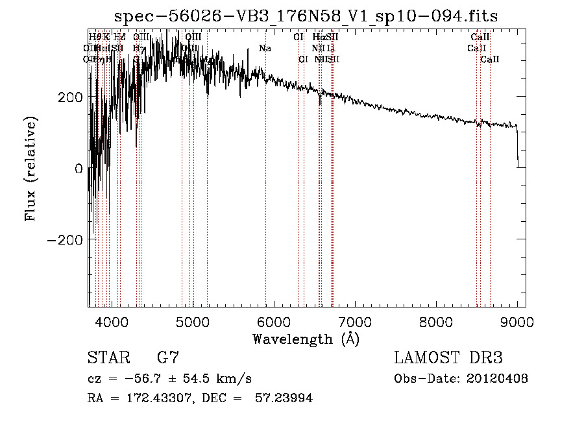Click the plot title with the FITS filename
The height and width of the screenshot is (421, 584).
click(306, 16)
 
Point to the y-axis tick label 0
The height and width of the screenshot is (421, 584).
click(78, 168)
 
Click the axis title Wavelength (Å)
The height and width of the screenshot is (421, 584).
click(306, 339)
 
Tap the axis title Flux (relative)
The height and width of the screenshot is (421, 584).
click(31, 168)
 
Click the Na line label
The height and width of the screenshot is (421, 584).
click(265, 48)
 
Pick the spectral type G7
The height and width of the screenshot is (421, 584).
click(167, 358)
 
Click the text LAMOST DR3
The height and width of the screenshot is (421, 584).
click(448, 358)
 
